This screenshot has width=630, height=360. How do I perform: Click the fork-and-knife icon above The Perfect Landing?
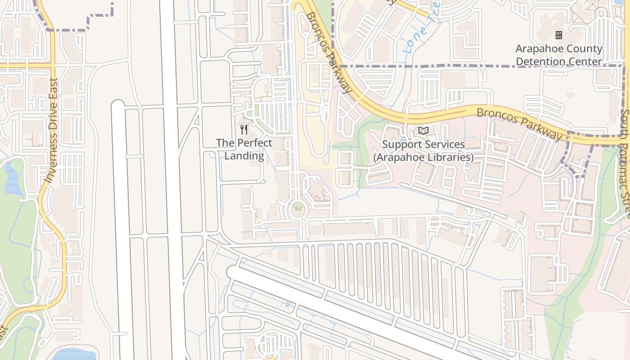(x=244, y=130)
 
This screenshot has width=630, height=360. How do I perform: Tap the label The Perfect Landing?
(x=244, y=149)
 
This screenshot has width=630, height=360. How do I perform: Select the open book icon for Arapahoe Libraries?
(x=423, y=130)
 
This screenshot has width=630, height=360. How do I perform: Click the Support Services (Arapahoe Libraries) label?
(x=423, y=151)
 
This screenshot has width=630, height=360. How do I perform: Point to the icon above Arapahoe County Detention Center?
(x=559, y=35)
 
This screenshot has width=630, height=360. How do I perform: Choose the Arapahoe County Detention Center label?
(x=559, y=55)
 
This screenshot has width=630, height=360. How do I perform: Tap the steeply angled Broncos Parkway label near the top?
(x=328, y=52)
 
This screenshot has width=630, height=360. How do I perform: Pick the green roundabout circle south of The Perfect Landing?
(x=297, y=208)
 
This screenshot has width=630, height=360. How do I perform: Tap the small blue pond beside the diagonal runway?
(x=288, y=305)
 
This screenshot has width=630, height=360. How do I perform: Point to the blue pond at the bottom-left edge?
(x=72, y=354)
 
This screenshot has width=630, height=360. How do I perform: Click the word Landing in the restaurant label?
(x=244, y=156)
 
